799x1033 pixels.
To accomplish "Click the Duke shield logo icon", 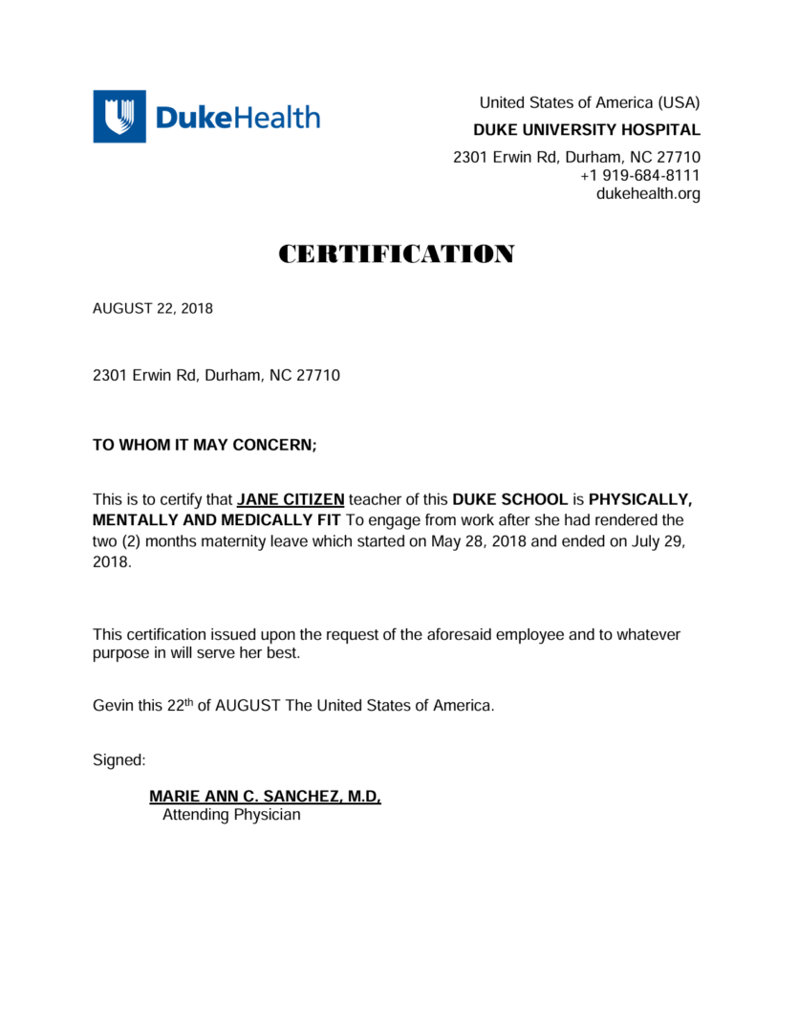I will point(119,117).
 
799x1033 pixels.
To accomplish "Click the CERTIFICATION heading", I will point(397,254).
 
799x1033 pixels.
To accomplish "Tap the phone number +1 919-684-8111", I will point(639,176).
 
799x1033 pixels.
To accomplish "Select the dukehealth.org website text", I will point(648,194).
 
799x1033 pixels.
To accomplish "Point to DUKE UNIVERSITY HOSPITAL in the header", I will point(587,130).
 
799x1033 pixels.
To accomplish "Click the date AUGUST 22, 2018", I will point(153,309).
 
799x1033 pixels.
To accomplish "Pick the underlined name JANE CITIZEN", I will point(291,499).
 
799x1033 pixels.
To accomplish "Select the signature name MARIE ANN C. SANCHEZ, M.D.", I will point(265,797).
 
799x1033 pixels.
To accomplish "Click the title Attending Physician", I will point(231,815).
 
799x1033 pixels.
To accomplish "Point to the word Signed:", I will point(119,760).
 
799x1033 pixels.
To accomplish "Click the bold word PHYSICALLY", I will point(639,499).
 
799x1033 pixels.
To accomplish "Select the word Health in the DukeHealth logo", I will point(278,118).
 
